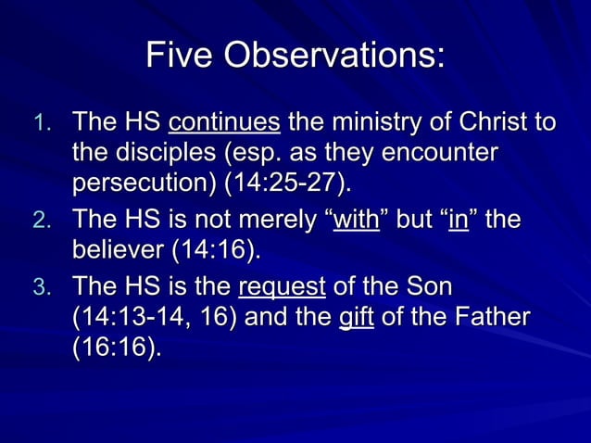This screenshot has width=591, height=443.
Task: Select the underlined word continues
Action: (224, 121)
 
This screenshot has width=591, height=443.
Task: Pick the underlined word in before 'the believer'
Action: (458, 220)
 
